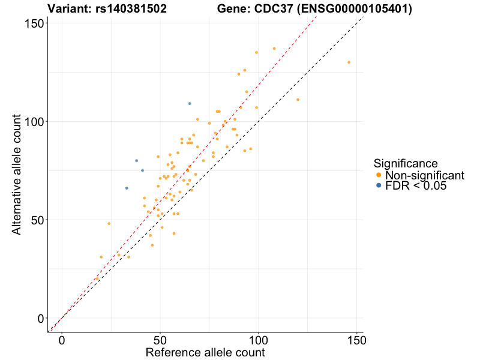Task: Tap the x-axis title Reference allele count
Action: coord(205,352)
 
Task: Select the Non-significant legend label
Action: coord(425,175)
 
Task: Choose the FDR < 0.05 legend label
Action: coord(416,186)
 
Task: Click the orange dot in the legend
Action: coord(379,175)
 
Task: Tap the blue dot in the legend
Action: coord(379,186)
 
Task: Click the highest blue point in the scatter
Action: coord(190,104)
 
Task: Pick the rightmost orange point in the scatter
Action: coord(349,62)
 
